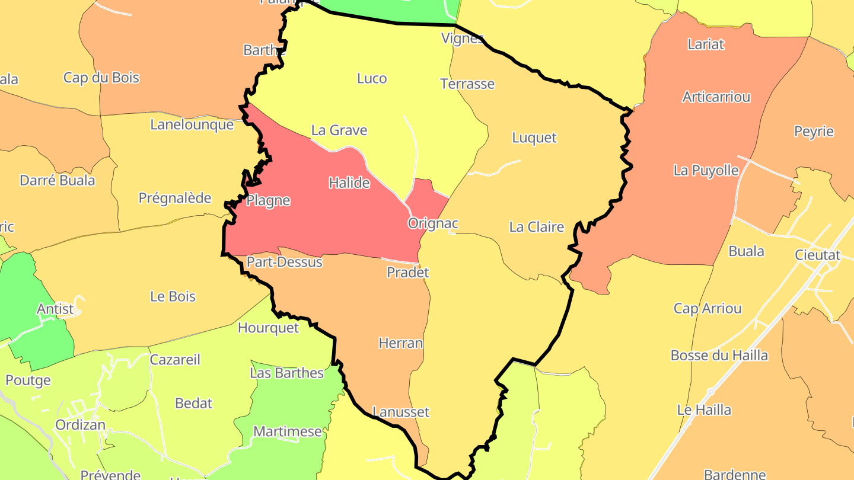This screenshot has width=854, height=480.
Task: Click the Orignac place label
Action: click(433, 223)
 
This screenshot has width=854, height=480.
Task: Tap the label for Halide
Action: click(349, 183)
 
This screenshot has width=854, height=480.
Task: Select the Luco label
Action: click(372, 78)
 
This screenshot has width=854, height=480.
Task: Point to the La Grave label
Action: click(339, 130)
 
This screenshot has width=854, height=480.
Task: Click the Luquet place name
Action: click(534, 137)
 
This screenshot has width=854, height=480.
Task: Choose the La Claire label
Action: click(536, 227)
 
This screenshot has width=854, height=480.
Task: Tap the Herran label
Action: click(401, 343)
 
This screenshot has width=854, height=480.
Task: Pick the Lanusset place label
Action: click(401, 412)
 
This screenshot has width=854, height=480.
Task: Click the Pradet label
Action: click(407, 273)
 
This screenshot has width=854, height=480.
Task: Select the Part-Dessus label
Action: click(285, 262)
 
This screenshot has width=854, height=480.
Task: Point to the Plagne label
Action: click(268, 200)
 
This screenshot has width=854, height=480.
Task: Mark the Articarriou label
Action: click(716, 97)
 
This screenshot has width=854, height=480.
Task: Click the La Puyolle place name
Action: click(706, 171)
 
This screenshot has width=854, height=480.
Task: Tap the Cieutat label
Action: click(818, 255)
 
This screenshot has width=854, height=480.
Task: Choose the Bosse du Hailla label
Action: click(719, 356)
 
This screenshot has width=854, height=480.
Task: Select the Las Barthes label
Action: click(287, 373)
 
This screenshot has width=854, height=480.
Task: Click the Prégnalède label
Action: click(175, 198)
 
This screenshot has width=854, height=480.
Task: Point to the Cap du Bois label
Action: click(101, 78)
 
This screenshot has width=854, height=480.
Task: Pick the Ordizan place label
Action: click(80, 425)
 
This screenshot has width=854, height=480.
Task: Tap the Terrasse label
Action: click(467, 84)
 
